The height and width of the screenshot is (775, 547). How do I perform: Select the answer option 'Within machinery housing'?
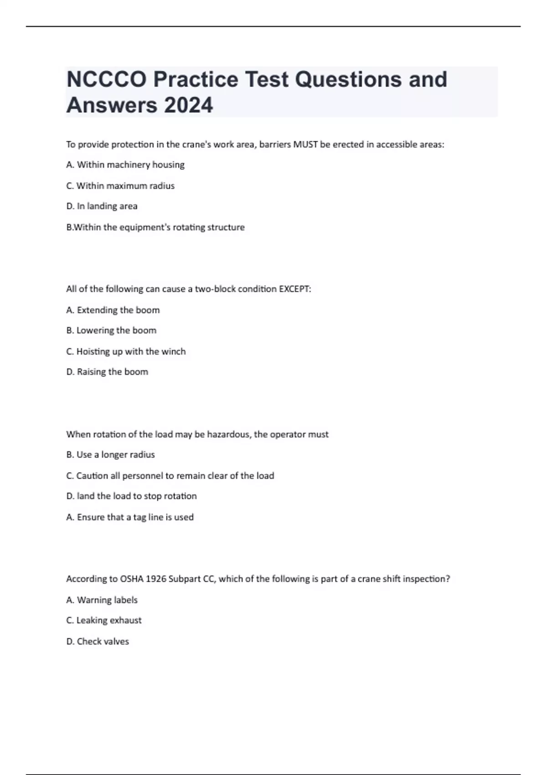(x=125, y=165)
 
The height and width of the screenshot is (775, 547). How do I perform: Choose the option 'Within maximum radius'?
(x=121, y=186)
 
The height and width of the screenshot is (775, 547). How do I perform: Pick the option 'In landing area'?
(x=102, y=206)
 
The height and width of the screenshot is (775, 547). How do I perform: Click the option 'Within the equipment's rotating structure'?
(x=155, y=227)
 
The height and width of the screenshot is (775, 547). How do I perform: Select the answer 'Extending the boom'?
(x=113, y=310)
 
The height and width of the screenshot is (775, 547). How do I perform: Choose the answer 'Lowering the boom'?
(x=111, y=331)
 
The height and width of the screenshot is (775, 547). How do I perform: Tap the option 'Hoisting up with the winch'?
(x=126, y=351)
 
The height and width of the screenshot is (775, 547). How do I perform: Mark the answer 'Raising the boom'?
(x=107, y=372)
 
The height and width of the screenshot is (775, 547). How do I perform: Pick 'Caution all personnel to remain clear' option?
(x=170, y=476)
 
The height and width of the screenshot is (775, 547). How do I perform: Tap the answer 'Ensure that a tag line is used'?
(x=130, y=517)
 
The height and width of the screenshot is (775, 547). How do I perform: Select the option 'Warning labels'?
(x=102, y=600)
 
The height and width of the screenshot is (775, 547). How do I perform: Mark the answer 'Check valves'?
(x=98, y=641)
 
